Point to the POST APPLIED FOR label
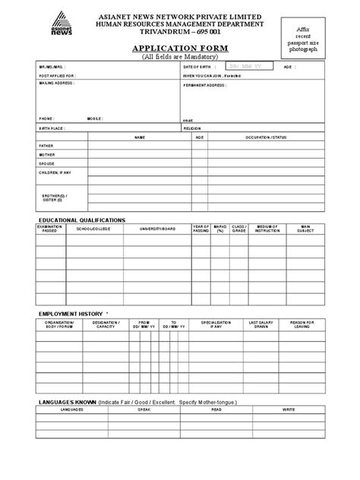pyautogui.click(x=56, y=77)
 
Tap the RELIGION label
pyautogui.click(x=192, y=128)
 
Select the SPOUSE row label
pyautogui.click(x=46, y=163)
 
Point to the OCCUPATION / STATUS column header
pyautogui.click(x=265, y=137)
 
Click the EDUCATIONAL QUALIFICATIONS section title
pyautogui.click(x=82, y=219)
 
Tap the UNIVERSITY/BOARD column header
pyautogui.click(x=157, y=229)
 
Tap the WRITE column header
pyautogui.click(x=289, y=409)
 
